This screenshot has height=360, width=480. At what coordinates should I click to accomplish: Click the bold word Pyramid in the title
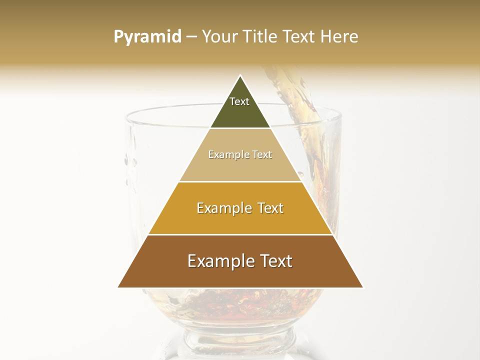147,37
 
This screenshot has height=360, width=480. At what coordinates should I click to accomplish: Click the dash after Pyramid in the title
191,37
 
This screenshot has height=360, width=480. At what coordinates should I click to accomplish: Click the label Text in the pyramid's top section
239,101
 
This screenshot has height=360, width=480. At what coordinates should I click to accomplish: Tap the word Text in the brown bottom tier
274,261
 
